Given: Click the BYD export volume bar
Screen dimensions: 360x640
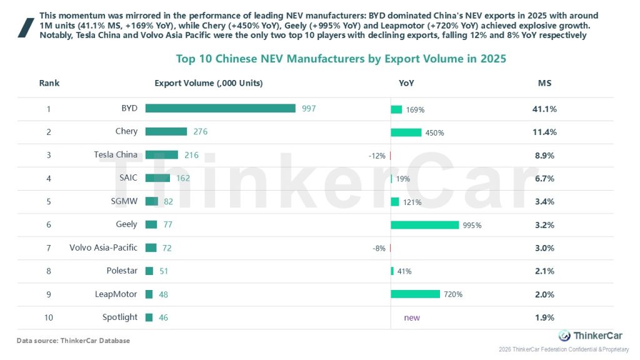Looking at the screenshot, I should click(220, 108).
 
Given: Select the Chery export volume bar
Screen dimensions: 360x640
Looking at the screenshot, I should click(166, 131).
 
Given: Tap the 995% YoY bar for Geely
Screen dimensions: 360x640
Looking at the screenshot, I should click(424, 225).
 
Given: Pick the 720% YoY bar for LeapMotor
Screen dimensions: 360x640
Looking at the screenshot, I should click(415, 294).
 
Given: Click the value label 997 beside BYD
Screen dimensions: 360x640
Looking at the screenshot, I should click(309, 108).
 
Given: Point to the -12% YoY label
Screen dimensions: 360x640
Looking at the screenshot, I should click(377, 156).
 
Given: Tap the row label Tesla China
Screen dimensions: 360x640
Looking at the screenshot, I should click(116, 154).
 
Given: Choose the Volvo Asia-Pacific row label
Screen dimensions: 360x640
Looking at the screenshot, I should click(103, 247).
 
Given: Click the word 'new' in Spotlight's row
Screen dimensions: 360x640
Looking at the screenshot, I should click(412, 317).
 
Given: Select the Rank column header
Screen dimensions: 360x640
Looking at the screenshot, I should click(49, 83).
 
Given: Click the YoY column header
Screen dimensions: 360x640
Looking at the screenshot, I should click(406, 83).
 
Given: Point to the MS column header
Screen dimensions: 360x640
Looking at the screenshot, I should click(544, 83).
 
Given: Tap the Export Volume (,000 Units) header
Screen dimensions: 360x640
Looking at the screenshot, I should click(209, 83).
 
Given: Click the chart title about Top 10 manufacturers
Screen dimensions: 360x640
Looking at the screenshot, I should click(341, 59).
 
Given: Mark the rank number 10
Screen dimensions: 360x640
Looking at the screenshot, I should click(49, 317).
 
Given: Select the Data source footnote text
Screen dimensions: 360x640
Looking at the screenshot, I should click(73, 341).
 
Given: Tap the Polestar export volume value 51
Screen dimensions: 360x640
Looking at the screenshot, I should click(163, 271).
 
